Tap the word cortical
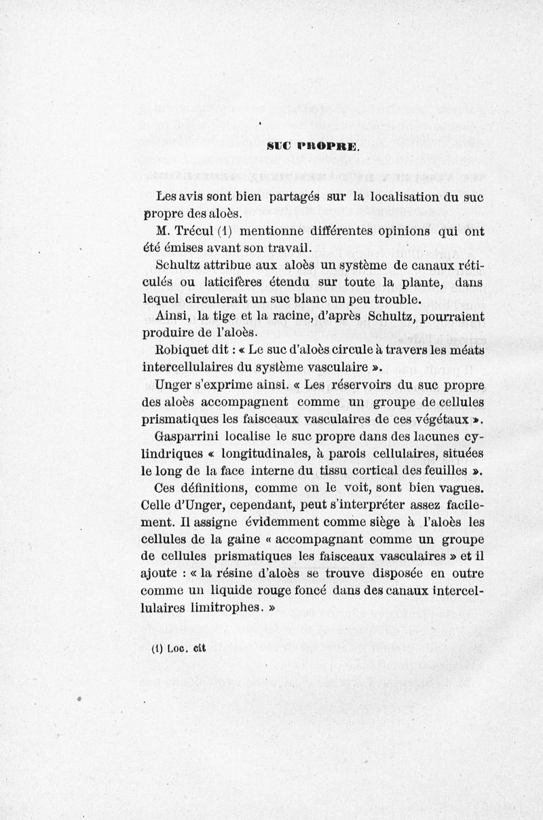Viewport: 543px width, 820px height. click(x=373, y=470)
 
